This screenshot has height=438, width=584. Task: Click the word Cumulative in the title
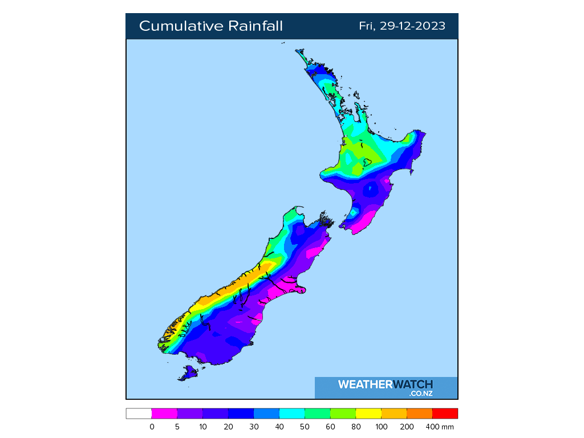(181, 26)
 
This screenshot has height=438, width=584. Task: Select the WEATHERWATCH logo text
(386, 384)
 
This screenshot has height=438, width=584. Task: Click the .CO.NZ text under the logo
(421, 394)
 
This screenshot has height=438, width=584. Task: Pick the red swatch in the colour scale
(445, 413)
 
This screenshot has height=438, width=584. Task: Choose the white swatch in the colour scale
(139, 413)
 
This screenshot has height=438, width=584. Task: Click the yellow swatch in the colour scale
(368, 413)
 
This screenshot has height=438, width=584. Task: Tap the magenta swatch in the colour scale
(164, 413)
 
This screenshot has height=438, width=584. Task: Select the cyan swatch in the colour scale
(292, 413)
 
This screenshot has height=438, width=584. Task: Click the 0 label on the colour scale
(152, 427)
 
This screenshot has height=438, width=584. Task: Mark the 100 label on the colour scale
(381, 427)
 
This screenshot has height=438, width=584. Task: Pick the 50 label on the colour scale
(305, 427)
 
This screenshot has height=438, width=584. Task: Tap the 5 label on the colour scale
(177, 427)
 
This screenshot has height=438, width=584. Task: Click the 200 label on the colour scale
(407, 427)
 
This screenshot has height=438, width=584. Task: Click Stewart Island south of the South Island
(189, 373)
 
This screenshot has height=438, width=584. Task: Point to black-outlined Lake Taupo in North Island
(368, 162)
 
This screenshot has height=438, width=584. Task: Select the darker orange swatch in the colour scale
(419, 413)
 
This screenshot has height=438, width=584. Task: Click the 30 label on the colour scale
(254, 427)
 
